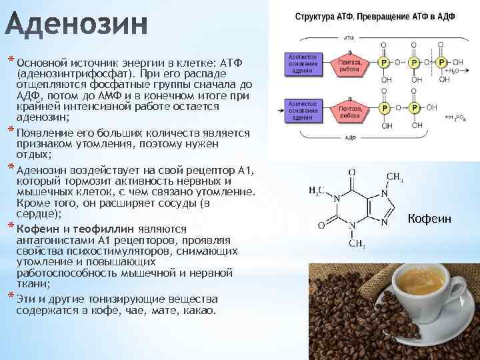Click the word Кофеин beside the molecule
429,219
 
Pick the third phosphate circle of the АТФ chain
443,63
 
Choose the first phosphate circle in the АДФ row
384,107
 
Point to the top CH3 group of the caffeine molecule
395,177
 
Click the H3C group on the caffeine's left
318,190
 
